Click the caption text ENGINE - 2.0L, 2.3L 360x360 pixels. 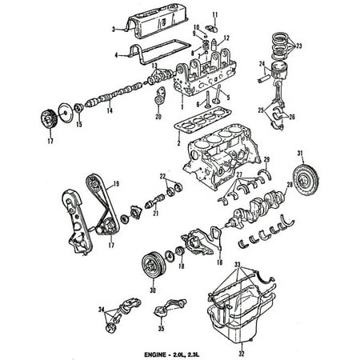click(x=182, y=353)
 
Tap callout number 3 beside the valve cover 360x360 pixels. click(x=114, y=30)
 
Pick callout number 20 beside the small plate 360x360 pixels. click(x=158, y=117)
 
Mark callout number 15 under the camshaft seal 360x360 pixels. click(x=78, y=124)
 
